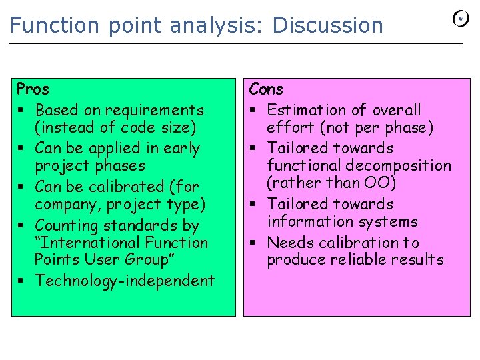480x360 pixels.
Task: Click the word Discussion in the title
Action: [328, 25]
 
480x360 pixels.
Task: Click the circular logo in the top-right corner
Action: [461, 19]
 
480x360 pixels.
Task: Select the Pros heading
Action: [33, 89]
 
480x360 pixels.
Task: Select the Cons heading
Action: [266, 89]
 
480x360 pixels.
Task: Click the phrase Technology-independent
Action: [125, 281]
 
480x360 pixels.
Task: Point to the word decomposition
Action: [404, 165]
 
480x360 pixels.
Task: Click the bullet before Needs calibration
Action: [253, 243]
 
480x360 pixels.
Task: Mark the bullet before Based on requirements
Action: [21, 110]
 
